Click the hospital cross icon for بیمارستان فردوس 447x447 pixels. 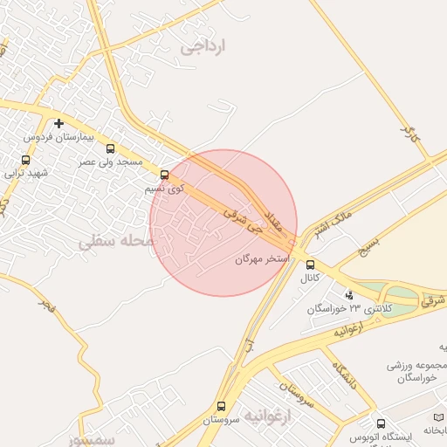coord(58,123)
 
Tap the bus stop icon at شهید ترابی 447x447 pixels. coord(25,160)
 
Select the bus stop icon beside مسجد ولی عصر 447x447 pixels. coord(110,148)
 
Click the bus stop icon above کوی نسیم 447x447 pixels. coord(165,174)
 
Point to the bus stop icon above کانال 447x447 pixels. coord(311,265)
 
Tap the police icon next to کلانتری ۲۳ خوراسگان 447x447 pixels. coord(349,295)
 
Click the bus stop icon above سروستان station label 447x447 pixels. coord(221,406)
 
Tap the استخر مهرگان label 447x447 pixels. coord(262,259)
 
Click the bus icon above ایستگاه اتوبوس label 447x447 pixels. coord(377,423)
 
